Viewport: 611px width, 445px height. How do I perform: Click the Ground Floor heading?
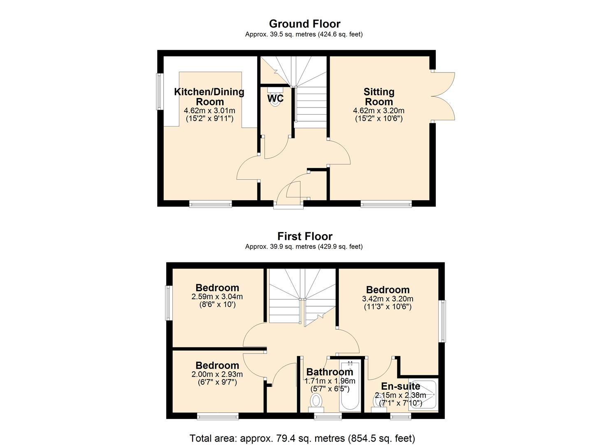(x=304, y=23)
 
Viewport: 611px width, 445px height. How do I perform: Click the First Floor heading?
(x=304, y=236)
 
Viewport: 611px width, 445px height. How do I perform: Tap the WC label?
(x=275, y=98)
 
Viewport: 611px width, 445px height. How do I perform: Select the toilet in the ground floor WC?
(x=274, y=101)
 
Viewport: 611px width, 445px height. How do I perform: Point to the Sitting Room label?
(x=379, y=96)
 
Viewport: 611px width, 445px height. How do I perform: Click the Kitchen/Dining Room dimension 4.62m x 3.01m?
(x=209, y=110)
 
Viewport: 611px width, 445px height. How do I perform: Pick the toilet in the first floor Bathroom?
(x=316, y=401)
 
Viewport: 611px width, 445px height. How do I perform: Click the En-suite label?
(x=400, y=386)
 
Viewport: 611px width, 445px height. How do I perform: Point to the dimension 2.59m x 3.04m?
(x=217, y=297)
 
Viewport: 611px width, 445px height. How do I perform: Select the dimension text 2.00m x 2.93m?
(x=217, y=375)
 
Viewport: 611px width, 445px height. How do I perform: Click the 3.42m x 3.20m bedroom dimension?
(x=388, y=299)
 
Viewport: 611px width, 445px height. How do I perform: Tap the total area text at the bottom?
(x=302, y=438)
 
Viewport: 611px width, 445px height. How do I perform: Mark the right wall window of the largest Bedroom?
(x=443, y=321)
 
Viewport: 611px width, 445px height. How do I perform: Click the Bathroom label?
(x=330, y=372)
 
